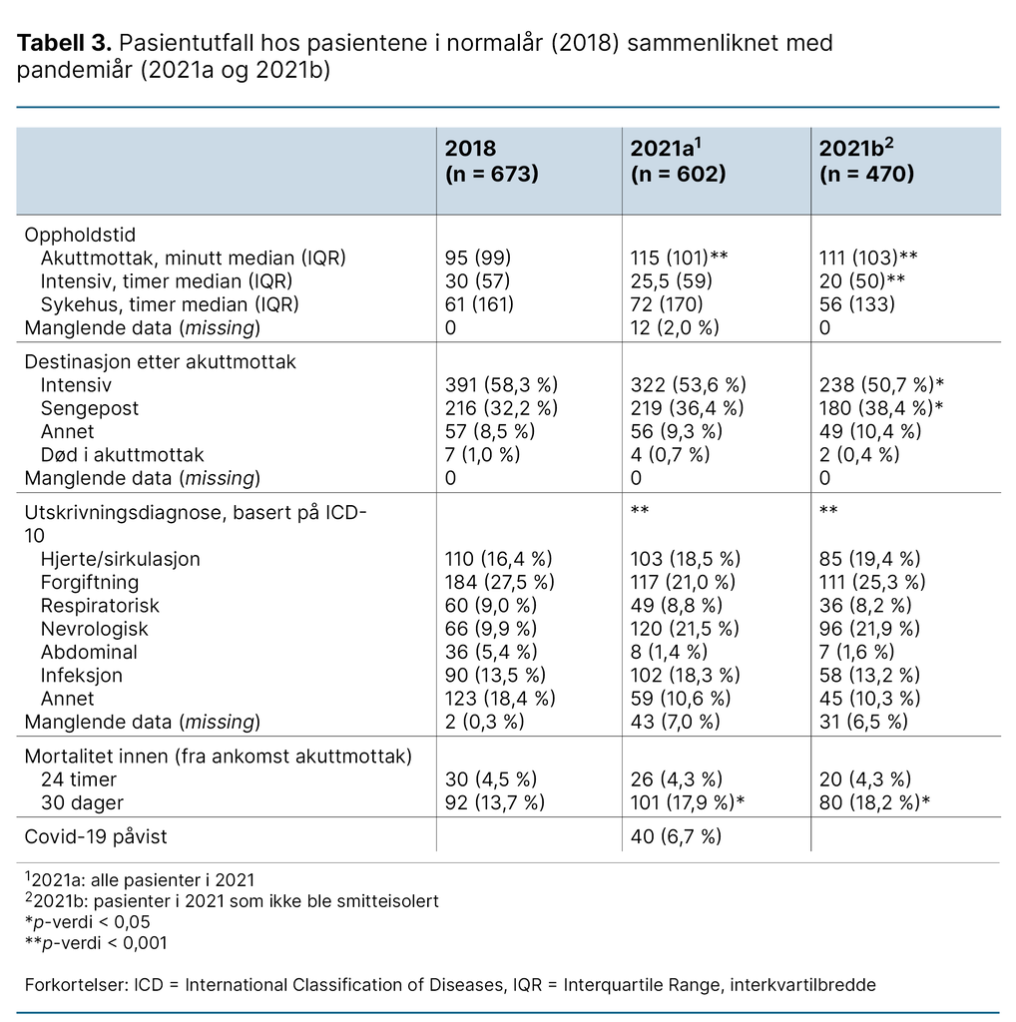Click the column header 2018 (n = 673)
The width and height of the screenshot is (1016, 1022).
491,161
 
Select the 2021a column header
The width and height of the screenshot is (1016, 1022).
677,161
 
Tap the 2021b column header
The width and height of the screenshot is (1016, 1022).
866,161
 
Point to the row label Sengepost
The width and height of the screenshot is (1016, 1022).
90,408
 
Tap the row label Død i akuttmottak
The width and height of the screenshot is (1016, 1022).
122,454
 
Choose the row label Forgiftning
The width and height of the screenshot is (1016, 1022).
90,582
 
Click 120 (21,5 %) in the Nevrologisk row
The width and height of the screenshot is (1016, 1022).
685,629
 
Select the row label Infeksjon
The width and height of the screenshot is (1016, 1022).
82,675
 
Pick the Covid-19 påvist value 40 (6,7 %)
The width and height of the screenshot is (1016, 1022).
676,836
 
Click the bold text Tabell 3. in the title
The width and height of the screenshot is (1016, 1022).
63,44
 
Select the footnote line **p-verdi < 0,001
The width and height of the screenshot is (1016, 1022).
96,942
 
